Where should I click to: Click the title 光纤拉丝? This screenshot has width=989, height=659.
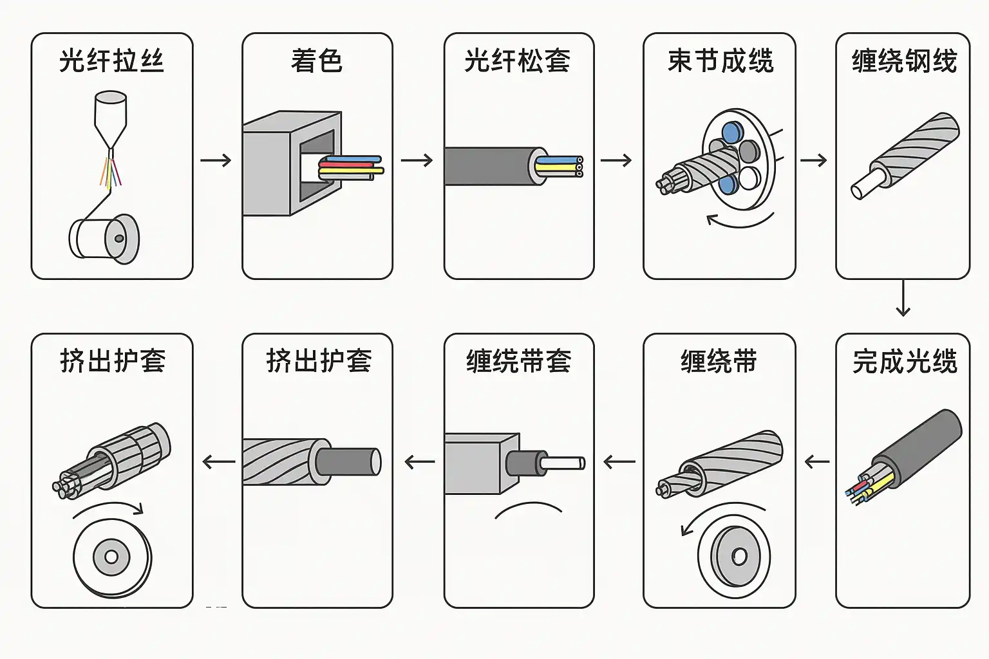[111, 61]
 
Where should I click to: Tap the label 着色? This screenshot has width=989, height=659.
[317, 61]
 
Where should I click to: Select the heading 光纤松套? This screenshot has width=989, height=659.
[517, 61]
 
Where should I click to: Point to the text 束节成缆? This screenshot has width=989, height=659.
[721, 61]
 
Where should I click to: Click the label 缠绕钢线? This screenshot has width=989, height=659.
[904, 61]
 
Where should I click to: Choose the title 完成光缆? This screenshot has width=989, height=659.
[904, 361]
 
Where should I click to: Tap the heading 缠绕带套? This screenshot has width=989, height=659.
[519, 361]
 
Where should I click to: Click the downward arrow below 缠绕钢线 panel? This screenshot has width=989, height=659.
[903, 298]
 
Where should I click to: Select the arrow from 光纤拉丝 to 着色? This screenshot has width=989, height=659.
[216, 160]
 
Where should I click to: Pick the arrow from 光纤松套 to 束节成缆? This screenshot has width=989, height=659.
[616, 160]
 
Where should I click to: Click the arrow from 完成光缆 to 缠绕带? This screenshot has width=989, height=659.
[817, 462]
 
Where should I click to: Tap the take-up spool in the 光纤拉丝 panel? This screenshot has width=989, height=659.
[104, 239]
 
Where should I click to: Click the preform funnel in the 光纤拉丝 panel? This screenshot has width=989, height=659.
[111, 119]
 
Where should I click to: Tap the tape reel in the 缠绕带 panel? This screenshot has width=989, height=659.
[734, 557]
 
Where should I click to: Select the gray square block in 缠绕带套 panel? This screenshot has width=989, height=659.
[482, 463]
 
